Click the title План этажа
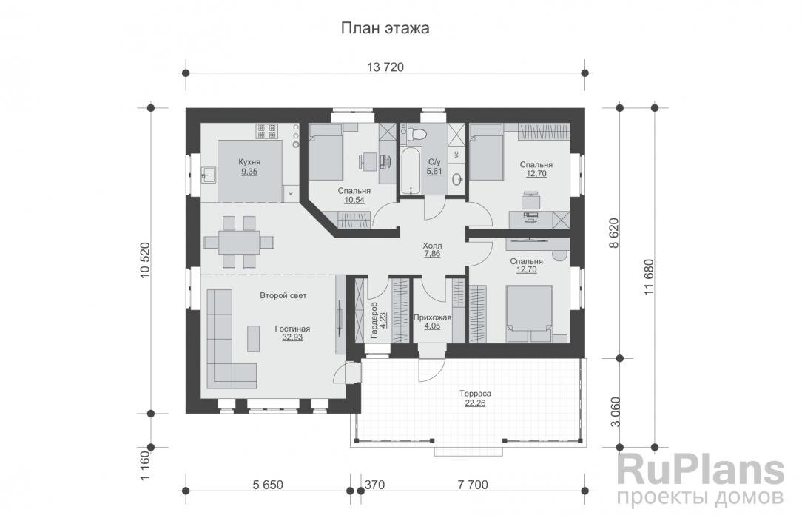(385, 27)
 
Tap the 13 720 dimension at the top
(385, 67)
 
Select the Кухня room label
(249, 162)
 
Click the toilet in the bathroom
(417, 135)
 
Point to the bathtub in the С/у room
(410, 172)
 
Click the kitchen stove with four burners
(267, 131)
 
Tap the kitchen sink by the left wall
(208, 175)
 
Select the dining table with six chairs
(239, 242)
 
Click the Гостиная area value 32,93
(292, 337)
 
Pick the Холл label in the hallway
(432, 246)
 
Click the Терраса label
(475, 394)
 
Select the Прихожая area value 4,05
(432, 326)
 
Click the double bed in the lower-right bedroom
(530, 314)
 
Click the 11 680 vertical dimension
(649, 277)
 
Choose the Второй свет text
(283, 295)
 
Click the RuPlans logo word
(700, 471)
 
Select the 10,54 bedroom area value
(354, 200)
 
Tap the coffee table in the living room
(253, 338)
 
